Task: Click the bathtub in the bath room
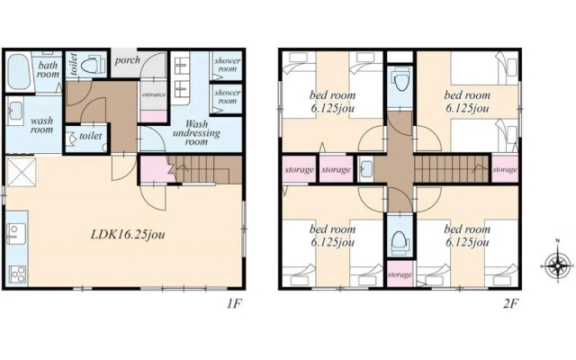[18, 72]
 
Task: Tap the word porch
[127, 60]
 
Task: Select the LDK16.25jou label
[128, 234]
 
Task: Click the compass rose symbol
[558, 265]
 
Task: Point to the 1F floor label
[234, 304]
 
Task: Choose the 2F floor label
[510, 304]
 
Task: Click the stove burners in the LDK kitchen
[17, 274]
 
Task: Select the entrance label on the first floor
[154, 94]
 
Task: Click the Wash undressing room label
[196, 132]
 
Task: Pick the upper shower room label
[228, 65]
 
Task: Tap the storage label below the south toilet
[400, 274]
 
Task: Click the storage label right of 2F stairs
[505, 170]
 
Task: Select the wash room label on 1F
[41, 125]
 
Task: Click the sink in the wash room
[15, 111]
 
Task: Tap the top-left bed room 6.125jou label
[332, 102]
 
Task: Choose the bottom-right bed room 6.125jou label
[467, 236]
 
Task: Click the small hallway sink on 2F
[366, 169]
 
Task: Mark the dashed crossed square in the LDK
[21, 171]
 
